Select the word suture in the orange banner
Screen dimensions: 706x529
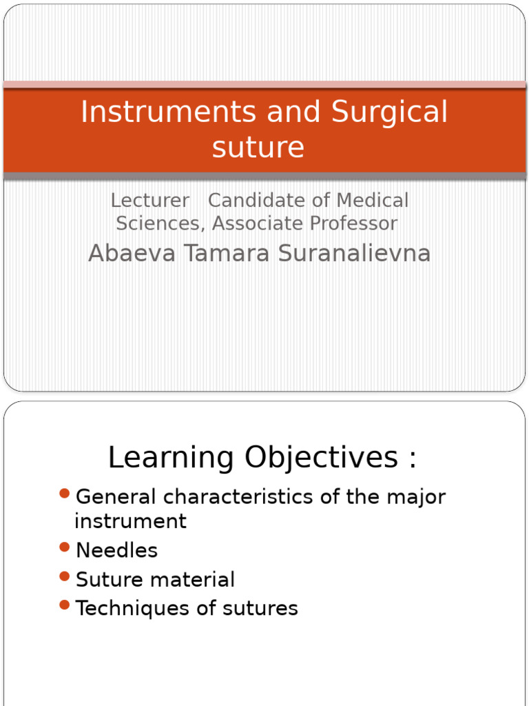pyautogui.click(x=258, y=147)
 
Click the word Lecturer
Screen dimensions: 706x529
pyautogui.click(x=149, y=201)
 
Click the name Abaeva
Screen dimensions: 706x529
pyautogui.click(x=132, y=253)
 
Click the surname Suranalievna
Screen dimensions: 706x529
pyautogui.click(x=354, y=253)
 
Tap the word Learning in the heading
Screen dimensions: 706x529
pyautogui.click(x=171, y=458)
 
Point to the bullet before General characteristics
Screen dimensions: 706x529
pyautogui.click(x=65, y=493)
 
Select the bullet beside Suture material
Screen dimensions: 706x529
pyautogui.click(x=65, y=576)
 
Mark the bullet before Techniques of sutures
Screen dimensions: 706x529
pyautogui.click(x=65, y=605)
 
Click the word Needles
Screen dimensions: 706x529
pyautogui.click(x=116, y=550)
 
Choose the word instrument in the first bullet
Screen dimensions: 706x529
pyautogui.click(x=130, y=521)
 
